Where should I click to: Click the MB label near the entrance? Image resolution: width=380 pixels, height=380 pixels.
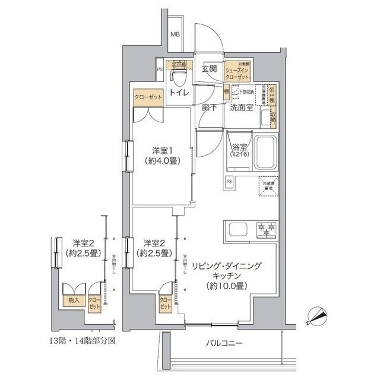[x=175, y=34]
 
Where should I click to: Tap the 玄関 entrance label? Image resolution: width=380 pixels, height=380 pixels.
[x=208, y=69]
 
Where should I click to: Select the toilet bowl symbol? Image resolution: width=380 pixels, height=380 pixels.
[x=177, y=77]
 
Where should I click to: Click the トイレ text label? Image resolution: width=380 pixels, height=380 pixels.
[x=179, y=93]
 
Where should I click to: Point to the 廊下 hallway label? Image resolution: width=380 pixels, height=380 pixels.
[x=208, y=108]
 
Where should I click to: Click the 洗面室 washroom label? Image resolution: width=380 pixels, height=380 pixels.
[x=242, y=108]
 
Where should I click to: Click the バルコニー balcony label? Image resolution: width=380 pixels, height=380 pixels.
[x=224, y=343]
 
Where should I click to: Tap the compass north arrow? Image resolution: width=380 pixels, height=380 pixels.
[x=318, y=315]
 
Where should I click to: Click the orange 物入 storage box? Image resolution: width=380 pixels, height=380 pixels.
[x=74, y=300]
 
